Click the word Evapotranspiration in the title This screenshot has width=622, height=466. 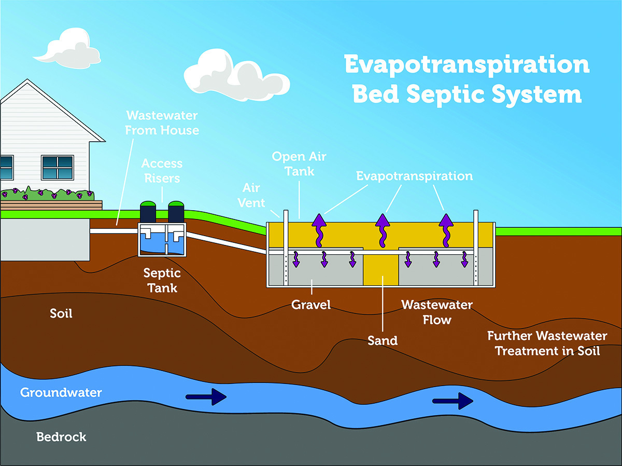pos(467,65)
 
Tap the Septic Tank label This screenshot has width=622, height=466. pos(162,280)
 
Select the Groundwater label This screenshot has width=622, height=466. pos(61,392)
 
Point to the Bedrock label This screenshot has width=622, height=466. pos(61,437)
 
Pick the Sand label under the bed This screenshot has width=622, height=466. pos(383,341)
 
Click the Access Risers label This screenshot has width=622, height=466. pos(162,171)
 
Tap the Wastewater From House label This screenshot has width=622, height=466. pos(162,122)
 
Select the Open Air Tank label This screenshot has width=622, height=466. pos(300,163)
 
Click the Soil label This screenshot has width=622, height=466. pos(61,314)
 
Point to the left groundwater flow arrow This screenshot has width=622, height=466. pos(206,398)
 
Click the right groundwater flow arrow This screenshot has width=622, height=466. pos(453,401)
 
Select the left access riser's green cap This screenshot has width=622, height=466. pos(148,204)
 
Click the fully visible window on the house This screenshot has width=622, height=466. pos(58,167)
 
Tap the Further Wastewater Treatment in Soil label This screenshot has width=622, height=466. pos(547,343)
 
